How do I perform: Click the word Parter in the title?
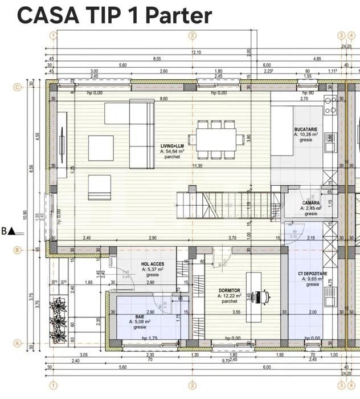(x=179, y=15)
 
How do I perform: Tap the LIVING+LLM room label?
(x=172, y=146)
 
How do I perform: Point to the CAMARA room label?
(x=311, y=203)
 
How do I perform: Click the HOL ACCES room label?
(x=153, y=264)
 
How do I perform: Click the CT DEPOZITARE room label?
(x=313, y=274)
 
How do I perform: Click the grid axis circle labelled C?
(x=17, y=87)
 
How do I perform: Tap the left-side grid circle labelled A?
(x=17, y=343)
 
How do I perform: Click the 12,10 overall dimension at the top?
(x=196, y=52)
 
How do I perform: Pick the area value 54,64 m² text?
(x=172, y=152)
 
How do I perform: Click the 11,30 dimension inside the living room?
(x=198, y=166)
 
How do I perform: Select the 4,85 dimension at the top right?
(x=317, y=59)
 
